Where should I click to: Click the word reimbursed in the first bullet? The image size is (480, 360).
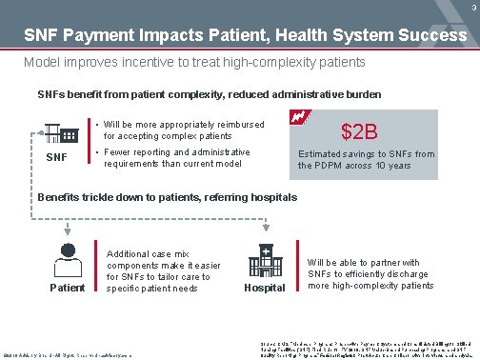click(241, 124)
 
